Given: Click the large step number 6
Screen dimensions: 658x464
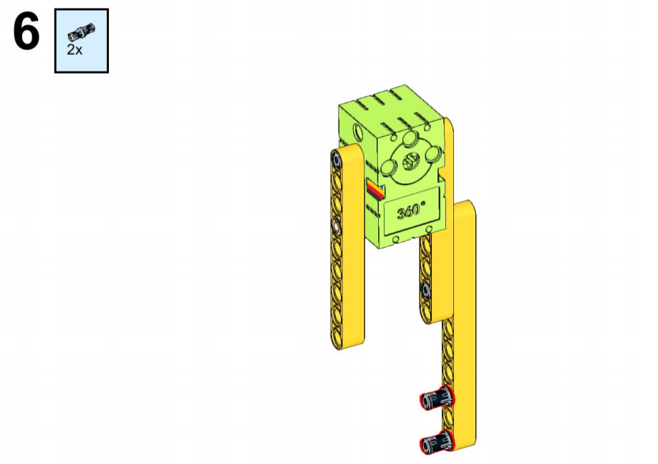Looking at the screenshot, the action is pos(26,32).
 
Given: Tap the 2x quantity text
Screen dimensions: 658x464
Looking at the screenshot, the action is pos(74,50).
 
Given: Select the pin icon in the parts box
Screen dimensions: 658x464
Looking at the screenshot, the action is pos(82,32).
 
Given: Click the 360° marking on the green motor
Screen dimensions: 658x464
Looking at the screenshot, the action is pos(411,210).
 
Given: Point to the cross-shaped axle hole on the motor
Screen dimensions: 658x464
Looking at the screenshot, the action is pos(411,161).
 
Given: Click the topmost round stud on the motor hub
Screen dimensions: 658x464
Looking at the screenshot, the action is pos(410,138).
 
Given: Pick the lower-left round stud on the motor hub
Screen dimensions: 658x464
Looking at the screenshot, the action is pos(389,168).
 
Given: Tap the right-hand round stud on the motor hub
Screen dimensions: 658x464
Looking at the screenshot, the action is pos(433,154).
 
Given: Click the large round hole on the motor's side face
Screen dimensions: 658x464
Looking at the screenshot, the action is pos(359,132).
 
